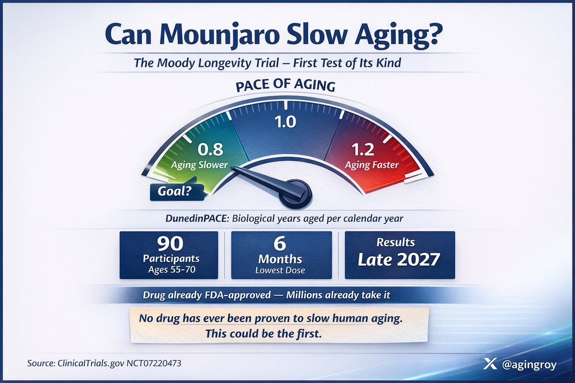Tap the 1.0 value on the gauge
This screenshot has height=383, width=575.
pos(285,122)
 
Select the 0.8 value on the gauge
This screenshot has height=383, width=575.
pos(210,149)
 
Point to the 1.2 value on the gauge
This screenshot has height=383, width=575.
pos(363,149)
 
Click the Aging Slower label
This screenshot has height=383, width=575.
pos(199,165)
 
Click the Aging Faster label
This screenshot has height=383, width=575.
pos(372,165)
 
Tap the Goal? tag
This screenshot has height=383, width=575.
pos(176,191)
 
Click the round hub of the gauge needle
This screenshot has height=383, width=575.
pos(296,194)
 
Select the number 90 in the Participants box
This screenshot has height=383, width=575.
pos(170,244)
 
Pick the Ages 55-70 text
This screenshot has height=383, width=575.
pos(172,270)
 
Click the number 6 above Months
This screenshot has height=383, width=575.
pos(280,244)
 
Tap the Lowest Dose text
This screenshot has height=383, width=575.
pos(280,270)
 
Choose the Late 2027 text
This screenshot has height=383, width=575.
pos(399,259)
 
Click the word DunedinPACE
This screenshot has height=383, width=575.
pos(197,218)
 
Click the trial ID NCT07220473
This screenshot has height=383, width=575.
pos(154,363)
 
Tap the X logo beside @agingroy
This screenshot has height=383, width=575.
pos(490,364)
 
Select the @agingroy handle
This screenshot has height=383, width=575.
pos(529,364)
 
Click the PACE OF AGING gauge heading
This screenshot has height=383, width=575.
pos(286,85)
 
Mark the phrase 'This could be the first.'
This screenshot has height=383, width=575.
pos(264,334)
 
